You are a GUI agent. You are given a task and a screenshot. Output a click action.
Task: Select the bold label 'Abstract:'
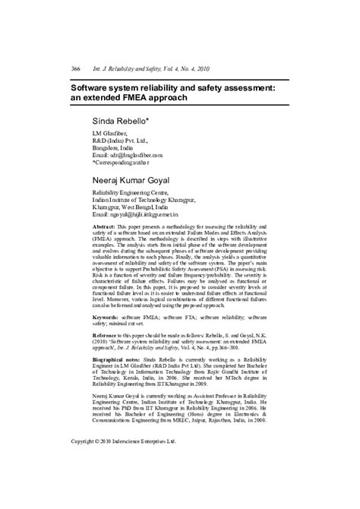coord(104,227)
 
